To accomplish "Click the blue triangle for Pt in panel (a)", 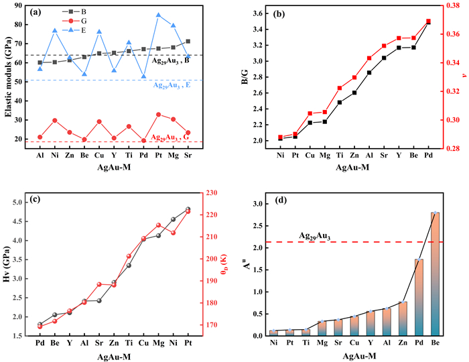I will click(158, 15).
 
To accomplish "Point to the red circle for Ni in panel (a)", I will click(54, 121).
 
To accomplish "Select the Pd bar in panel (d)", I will click(419, 298).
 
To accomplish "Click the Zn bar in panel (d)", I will click(402, 319).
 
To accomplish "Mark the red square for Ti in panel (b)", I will click(340, 88).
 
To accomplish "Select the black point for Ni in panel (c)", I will click(174, 219).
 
